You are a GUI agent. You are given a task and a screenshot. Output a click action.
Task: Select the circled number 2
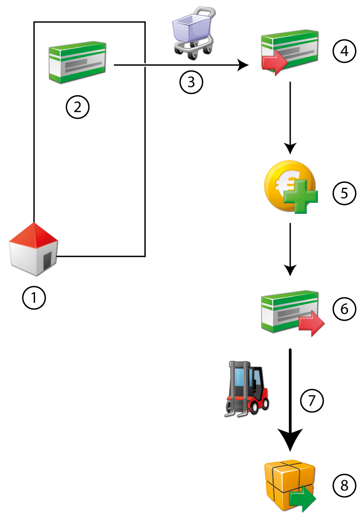point(77,107)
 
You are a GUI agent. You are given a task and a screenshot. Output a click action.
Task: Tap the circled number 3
point(191,83)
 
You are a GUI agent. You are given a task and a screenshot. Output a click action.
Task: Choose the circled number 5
point(344,193)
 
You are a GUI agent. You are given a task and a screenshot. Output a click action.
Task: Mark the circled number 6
point(344,309)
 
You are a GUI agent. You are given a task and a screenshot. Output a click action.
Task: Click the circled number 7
point(311,400)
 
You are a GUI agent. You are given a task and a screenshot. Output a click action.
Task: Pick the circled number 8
point(344,485)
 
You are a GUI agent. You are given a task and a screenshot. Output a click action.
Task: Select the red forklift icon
point(246,387)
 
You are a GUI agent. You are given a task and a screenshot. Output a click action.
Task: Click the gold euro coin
point(289,186)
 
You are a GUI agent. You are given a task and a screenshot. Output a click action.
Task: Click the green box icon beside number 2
point(77,63)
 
